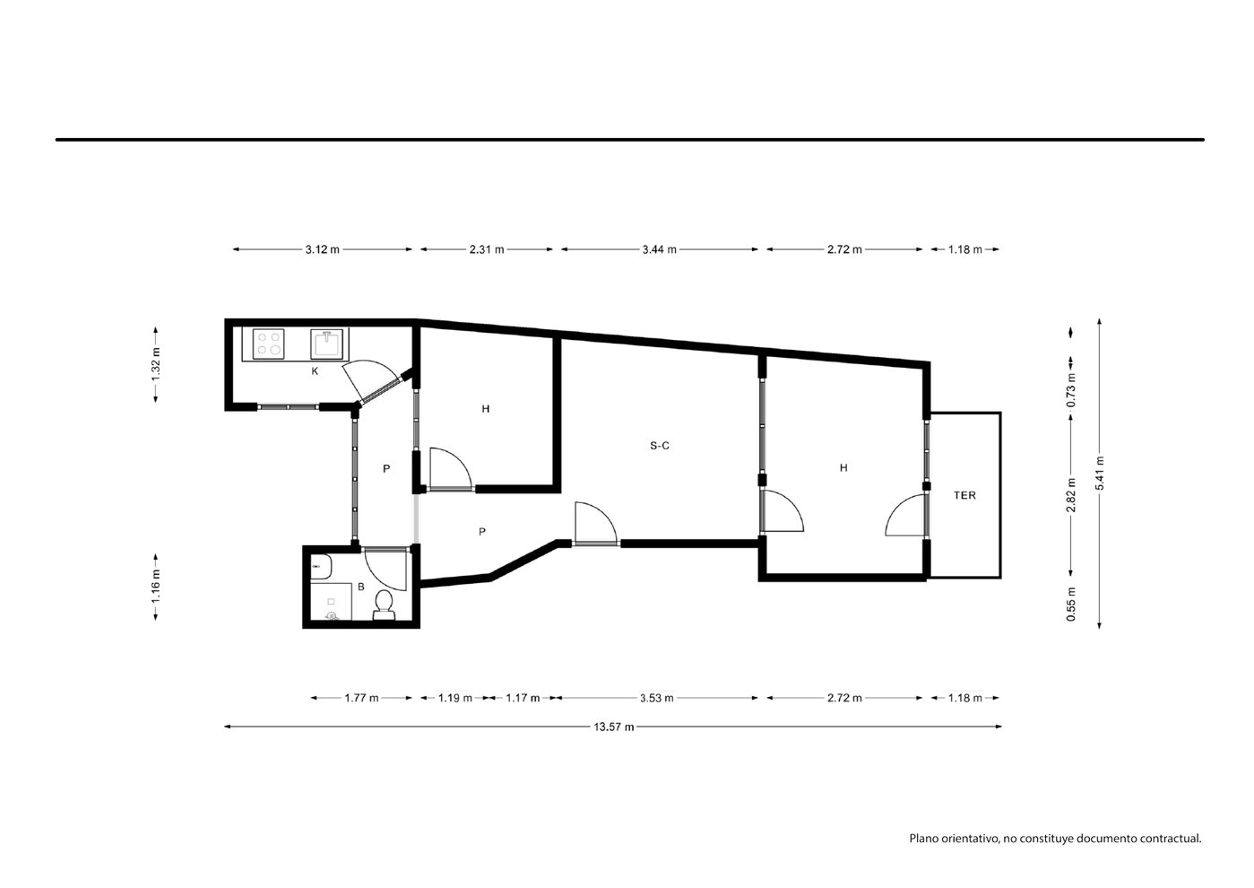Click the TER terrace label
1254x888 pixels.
point(964,495)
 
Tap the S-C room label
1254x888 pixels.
point(660,446)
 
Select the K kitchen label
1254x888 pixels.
point(315,370)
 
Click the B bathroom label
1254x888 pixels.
point(361,587)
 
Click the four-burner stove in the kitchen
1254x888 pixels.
point(269,344)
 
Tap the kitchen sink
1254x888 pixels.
point(326,344)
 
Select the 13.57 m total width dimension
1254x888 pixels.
point(614,727)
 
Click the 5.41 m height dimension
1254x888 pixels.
point(1100,474)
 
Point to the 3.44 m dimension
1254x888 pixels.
point(660,249)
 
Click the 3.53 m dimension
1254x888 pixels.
point(657,698)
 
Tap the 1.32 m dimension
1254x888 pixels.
point(156,364)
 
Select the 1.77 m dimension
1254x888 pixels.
point(361,698)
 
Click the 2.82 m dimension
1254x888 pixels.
point(1071,495)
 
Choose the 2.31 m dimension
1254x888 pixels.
point(487,249)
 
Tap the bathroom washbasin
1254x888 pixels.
point(321,567)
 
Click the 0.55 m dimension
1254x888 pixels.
point(1071,605)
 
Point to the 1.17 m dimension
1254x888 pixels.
point(523,698)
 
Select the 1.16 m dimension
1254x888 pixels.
point(156,587)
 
